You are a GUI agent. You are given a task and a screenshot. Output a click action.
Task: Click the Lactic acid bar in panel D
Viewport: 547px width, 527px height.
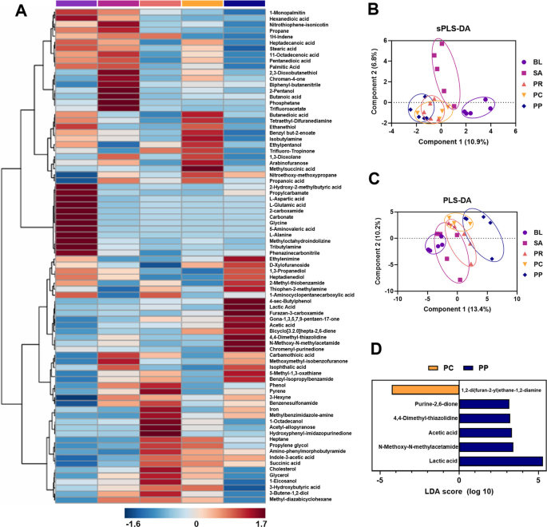[x=501, y=461]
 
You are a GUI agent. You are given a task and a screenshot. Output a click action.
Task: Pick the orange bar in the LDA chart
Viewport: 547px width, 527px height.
[x=425, y=390]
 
